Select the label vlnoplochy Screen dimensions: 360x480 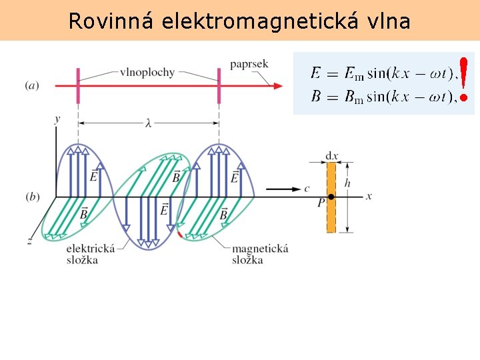(x=147, y=72)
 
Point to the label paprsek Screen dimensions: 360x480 (x=249, y=64)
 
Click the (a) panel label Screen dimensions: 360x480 (x=31, y=85)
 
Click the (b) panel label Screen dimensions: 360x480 (x=31, y=197)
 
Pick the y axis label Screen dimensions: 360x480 (x=57, y=119)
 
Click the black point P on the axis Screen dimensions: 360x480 (x=331, y=197)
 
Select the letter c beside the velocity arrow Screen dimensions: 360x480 (x=307, y=189)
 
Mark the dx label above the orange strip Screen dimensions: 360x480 (x=331, y=156)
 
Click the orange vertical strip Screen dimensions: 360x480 (x=331, y=213)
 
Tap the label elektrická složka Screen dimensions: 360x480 (x=91, y=253)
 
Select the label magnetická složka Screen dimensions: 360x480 (x=259, y=253)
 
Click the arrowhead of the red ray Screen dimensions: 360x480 (x=275, y=85)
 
